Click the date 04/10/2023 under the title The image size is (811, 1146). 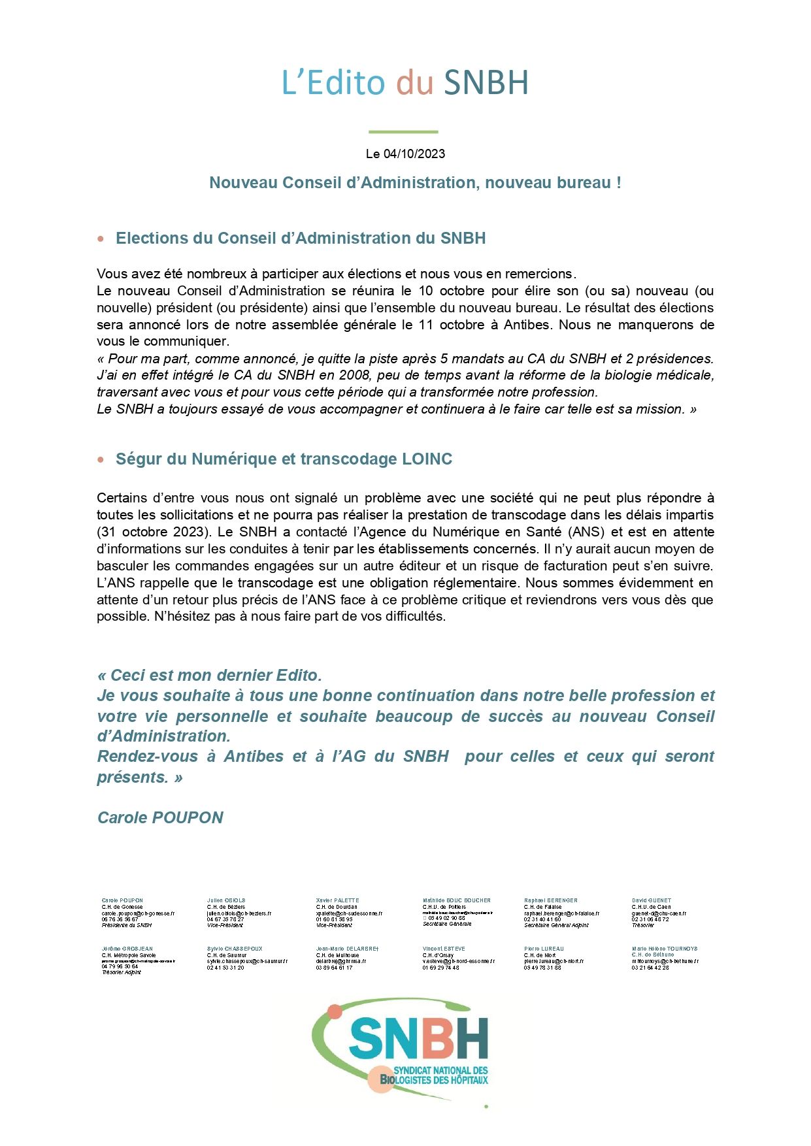(x=414, y=154)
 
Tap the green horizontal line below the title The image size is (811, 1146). (x=403, y=132)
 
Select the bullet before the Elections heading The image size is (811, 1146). (x=101, y=239)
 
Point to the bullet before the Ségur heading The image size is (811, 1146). (x=101, y=460)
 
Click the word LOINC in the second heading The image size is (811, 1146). (x=427, y=459)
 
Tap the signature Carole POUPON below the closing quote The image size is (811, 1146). (x=160, y=817)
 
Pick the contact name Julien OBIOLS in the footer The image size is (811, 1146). (x=226, y=900)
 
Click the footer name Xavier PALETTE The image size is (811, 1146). (x=337, y=900)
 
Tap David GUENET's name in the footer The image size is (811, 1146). (x=651, y=900)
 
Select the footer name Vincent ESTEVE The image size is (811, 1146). (x=444, y=949)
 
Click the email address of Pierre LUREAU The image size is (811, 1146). (x=554, y=962)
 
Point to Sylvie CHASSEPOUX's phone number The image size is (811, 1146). (x=225, y=968)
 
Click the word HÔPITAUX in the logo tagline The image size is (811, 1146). (x=468, y=1080)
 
